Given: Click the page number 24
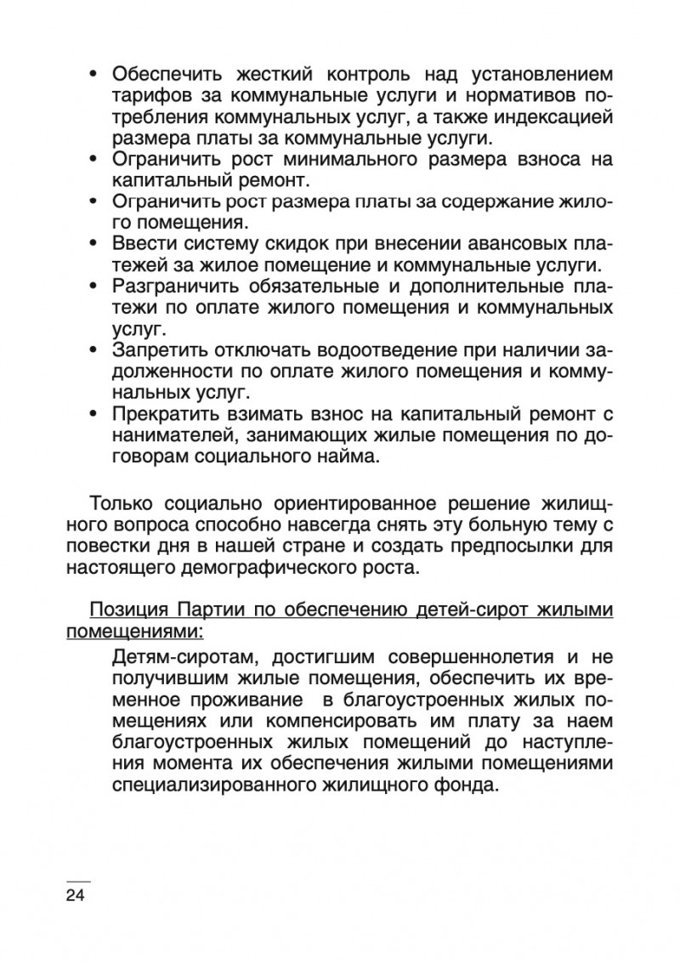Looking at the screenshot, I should point(76,895).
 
